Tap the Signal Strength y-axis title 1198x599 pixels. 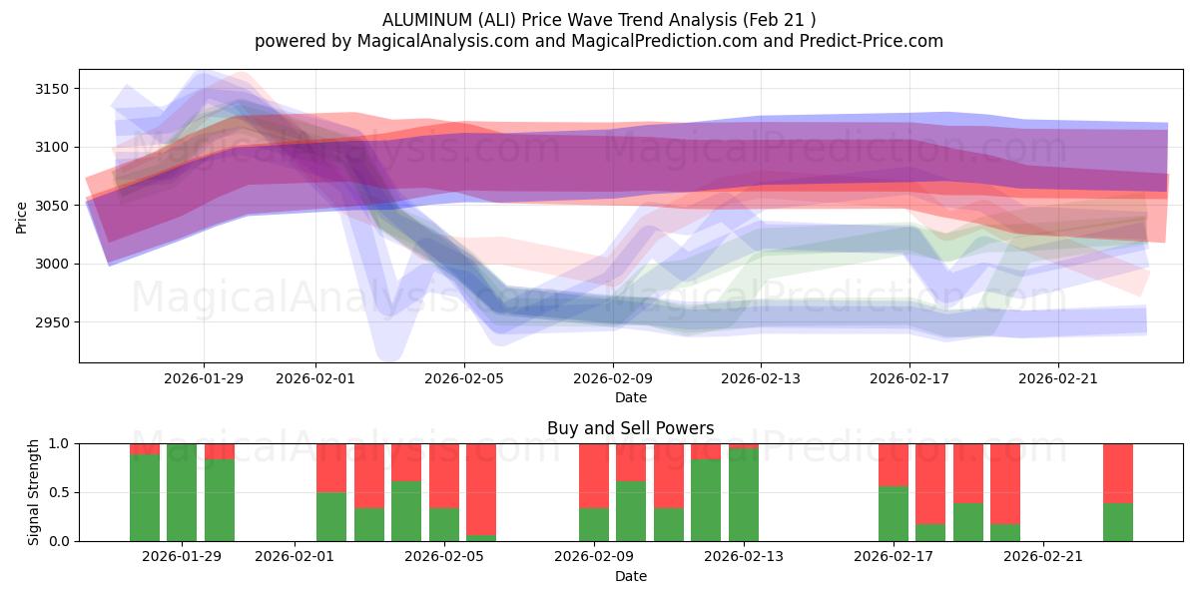(34, 491)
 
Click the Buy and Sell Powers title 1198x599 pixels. (630, 428)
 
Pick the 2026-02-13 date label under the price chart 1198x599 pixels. (761, 378)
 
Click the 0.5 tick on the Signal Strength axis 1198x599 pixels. (57, 492)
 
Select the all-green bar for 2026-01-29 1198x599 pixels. (182, 492)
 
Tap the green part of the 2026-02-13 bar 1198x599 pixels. (744, 495)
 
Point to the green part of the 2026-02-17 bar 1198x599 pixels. (894, 513)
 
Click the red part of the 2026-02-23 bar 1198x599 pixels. (1118, 472)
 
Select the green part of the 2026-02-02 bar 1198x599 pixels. (331, 516)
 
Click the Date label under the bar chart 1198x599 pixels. (630, 576)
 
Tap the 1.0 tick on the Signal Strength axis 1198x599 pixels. (57, 443)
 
